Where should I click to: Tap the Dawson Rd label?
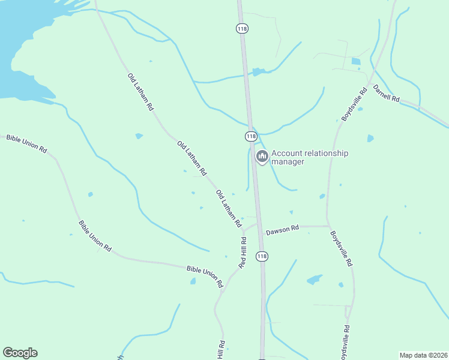pos(282,230)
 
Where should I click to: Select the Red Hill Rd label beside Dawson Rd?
pos(243,253)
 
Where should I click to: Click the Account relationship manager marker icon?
pos(262,157)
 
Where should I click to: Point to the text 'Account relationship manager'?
pos(309,157)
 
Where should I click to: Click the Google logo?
pos(20,353)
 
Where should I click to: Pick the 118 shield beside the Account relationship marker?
pos(251,136)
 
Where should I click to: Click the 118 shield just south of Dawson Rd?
pos(261,256)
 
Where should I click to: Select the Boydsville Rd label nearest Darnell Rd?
pos(354,106)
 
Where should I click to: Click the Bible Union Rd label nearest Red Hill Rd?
pos(205,275)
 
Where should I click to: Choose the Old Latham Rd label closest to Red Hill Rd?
pos(229,208)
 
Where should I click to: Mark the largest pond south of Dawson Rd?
pos(314,280)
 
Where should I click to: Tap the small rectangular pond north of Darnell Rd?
pos(356,61)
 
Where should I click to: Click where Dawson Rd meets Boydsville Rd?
pos(328,226)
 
